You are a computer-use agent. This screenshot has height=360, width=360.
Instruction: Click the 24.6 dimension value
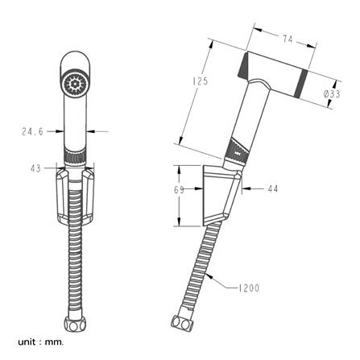coord(32,131)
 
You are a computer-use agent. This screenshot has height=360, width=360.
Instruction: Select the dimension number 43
coord(35,168)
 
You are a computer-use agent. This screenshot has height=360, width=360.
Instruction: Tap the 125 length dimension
coord(201,81)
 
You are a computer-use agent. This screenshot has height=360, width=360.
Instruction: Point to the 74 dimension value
coord(288,39)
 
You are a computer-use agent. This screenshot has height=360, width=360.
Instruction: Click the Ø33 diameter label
coord(332,93)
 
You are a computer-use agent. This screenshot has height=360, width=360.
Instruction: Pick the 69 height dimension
coord(179,190)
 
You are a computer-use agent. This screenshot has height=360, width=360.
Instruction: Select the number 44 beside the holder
coord(273,188)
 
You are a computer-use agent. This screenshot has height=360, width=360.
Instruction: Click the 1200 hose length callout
coord(249,288)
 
